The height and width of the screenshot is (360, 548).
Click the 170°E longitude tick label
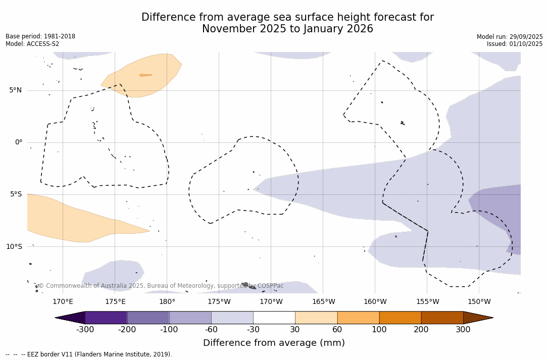[63, 302]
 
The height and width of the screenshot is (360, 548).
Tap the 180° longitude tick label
[167, 302]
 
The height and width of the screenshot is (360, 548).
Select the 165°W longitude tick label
[323, 302]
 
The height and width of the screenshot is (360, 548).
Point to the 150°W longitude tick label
[479, 302]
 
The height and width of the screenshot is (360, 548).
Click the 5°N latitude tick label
[15, 90]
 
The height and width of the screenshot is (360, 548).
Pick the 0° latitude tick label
[19, 142]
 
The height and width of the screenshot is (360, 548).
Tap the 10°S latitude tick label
[14, 246]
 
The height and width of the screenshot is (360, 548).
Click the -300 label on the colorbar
[85, 330]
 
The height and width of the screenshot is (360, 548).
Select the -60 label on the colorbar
[211, 330]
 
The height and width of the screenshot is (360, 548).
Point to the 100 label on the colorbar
[379, 330]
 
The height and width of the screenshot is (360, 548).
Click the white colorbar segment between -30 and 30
[274, 318]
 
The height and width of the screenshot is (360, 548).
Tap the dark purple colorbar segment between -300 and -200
[106, 318]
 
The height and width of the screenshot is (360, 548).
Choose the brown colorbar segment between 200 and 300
[442, 318]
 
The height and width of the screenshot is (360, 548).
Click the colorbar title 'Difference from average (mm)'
[274, 343]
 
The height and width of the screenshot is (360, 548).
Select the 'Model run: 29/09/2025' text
[510, 37]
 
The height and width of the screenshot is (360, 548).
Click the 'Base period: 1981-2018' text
[40, 36]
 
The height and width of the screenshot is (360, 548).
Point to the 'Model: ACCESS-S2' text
[32, 44]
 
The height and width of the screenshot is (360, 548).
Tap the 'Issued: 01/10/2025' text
[515, 44]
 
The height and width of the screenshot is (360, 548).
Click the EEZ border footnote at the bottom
[89, 354]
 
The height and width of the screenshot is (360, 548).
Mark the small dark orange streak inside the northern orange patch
[145, 75]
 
